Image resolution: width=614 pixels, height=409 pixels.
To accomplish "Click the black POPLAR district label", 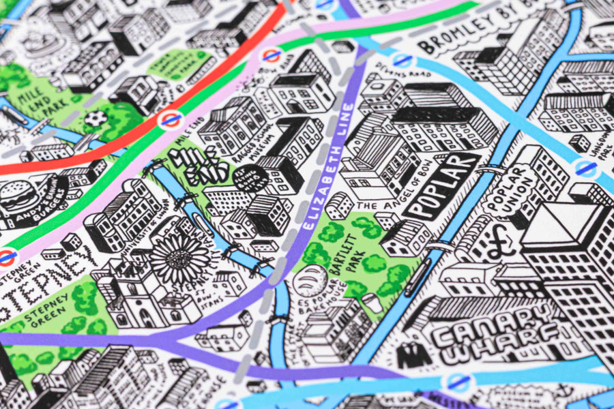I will click(441, 185).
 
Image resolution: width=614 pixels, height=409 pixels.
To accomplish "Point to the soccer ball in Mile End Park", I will click(96, 119).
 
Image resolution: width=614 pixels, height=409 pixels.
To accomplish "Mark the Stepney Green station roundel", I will click(7, 256).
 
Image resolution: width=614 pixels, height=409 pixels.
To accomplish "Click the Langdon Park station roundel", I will click(585, 168).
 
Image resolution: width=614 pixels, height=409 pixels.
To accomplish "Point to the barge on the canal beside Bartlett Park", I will click(417, 274).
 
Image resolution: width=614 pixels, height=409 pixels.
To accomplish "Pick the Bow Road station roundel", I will click(272, 55).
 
